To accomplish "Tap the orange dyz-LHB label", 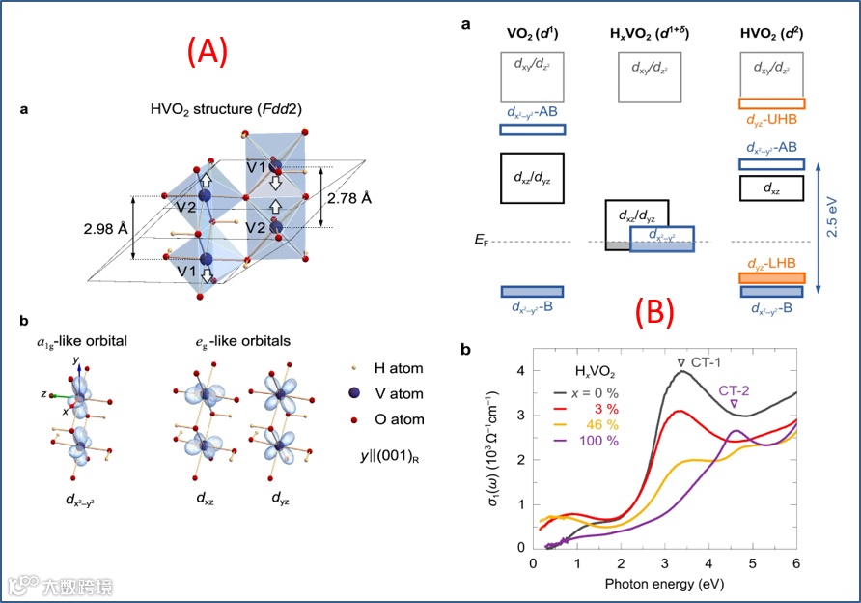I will (x=770, y=263).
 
